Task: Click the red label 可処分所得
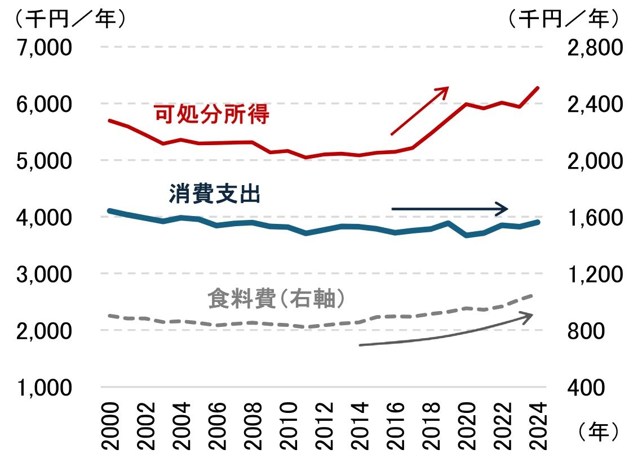pos(212,115)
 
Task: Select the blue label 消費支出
pos(215,195)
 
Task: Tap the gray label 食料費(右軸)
pos(276,299)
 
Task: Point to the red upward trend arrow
pos(419,111)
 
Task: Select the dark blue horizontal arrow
pos(450,209)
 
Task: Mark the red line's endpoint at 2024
pos(539,88)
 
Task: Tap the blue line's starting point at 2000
pos(109,211)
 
